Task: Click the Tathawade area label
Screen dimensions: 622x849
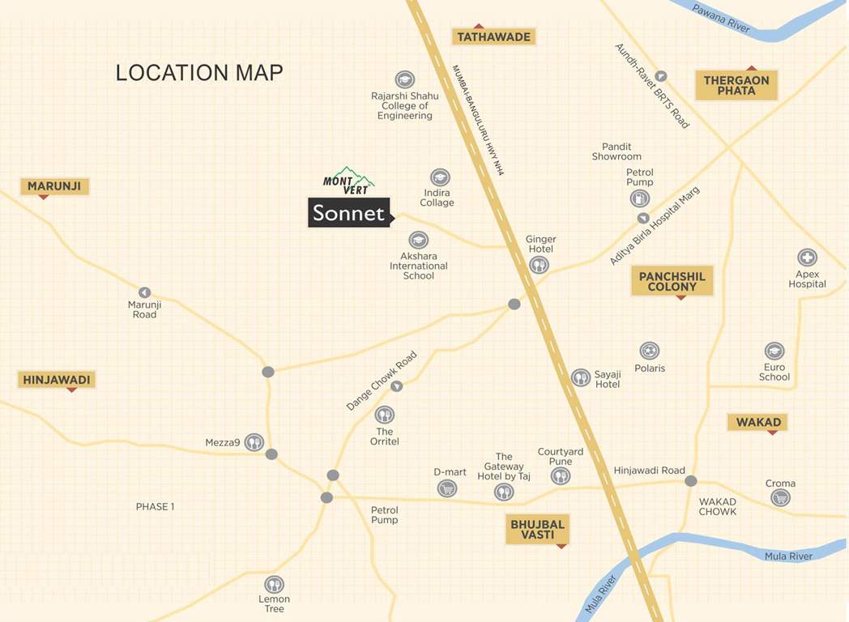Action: pos(493,37)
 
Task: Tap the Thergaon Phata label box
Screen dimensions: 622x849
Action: pos(736,86)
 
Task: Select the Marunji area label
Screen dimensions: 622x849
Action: pos(54,186)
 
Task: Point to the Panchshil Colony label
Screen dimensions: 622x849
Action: pos(672,282)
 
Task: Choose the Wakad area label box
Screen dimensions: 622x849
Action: pos(758,422)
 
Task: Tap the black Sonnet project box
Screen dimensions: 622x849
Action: pos(349,213)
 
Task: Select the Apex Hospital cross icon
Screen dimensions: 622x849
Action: pos(807,258)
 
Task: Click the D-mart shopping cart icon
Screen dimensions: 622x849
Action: pos(446,488)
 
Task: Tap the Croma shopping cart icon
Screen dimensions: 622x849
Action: pos(780,498)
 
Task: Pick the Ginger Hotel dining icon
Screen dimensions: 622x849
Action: pos(539,265)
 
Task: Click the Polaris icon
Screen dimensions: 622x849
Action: pos(649,351)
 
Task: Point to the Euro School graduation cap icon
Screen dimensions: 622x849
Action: pos(774,351)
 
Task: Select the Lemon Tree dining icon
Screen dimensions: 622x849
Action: pos(274,584)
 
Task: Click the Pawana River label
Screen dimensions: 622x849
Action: pos(721,19)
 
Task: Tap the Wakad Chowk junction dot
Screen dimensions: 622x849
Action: pos(691,481)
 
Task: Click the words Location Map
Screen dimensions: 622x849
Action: pos(199,73)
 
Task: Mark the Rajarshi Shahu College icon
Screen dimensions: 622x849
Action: pos(404,79)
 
